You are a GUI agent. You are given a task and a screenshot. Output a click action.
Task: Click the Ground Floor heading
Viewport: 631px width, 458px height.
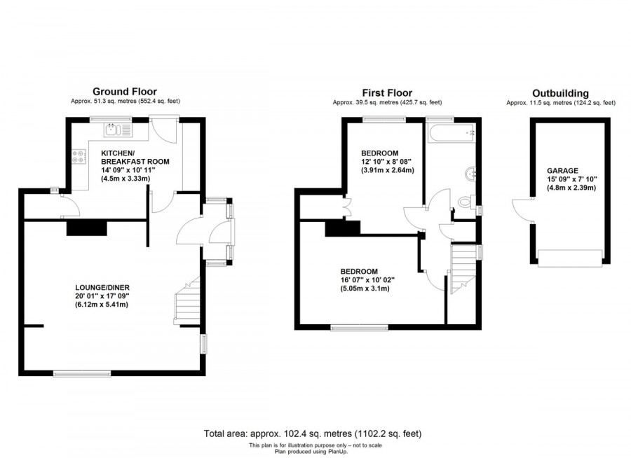[x=125, y=91]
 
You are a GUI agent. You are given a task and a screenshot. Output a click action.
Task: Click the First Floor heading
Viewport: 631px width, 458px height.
[x=386, y=92]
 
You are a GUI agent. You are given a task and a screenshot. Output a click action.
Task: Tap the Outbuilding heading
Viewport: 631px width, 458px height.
[x=560, y=92]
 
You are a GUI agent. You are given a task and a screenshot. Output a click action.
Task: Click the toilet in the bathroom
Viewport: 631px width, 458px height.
[x=465, y=202]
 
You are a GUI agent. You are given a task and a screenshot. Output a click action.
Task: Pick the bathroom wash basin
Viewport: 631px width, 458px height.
[x=470, y=173]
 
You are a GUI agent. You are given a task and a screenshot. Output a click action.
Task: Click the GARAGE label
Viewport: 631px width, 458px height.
[x=562, y=170]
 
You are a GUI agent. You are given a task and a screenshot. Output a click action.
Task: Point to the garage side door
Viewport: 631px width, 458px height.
[x=522, y=210]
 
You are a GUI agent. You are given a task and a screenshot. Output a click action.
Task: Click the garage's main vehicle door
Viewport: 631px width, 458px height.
[x=569, y=257]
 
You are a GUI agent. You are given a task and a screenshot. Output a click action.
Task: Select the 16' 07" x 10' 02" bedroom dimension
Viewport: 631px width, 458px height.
[x=367, y=280]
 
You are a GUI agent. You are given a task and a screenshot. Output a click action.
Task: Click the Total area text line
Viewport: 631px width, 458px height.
[x=312, y=433]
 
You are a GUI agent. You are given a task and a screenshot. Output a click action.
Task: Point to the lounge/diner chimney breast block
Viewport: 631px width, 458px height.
[x=86, y=228]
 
